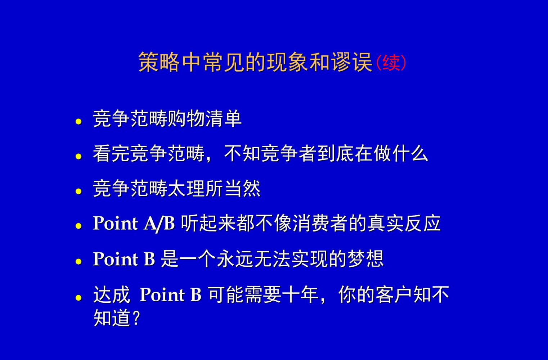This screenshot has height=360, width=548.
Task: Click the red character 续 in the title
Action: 391,63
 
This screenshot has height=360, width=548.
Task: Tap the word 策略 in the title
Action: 159,62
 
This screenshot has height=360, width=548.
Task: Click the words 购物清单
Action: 205,118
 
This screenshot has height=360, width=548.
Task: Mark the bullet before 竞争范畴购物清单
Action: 79,122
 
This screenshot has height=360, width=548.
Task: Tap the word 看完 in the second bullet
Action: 111,153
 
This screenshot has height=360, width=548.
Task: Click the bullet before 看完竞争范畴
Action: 79,157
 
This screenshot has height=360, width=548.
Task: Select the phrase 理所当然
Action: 223,188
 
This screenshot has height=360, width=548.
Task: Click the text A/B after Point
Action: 159,224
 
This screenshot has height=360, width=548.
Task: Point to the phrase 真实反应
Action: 404,224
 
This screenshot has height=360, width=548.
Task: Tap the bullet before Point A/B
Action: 79,226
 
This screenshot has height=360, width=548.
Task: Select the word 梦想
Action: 365,259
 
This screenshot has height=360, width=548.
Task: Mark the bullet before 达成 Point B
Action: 79,298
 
